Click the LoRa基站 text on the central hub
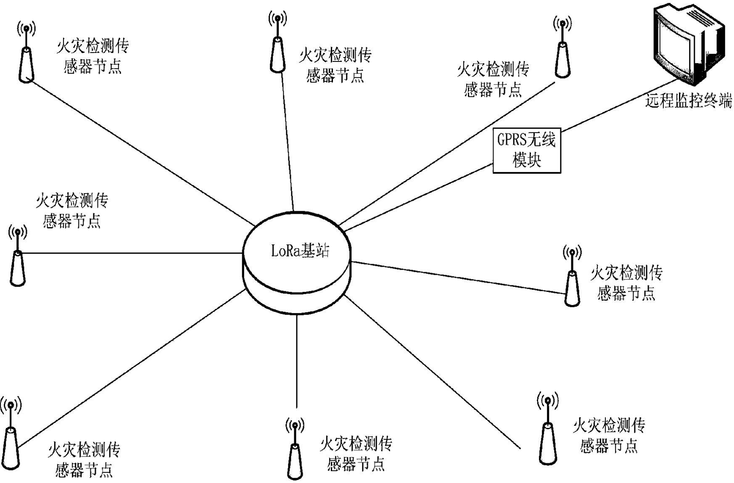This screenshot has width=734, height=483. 300,251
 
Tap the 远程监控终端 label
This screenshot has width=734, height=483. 689,101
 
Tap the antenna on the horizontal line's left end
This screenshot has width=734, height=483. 17,257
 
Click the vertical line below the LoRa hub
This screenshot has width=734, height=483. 297,362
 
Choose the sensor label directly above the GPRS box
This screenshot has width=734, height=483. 493,80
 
